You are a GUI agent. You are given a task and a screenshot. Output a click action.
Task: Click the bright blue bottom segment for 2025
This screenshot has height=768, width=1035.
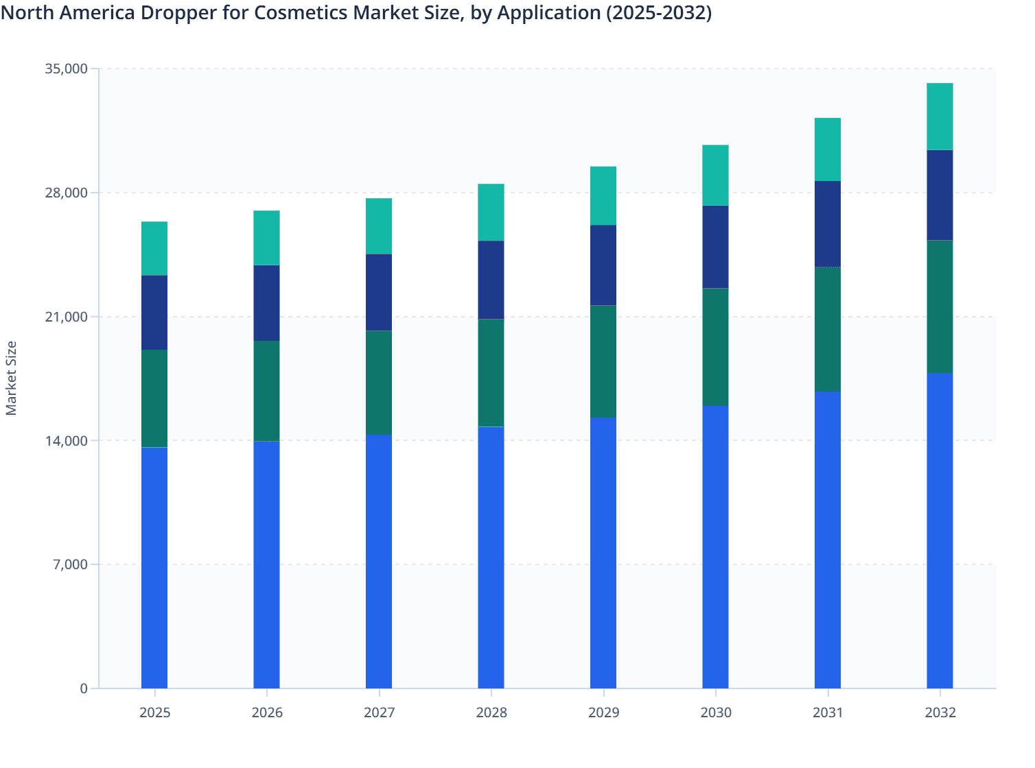(154, 568)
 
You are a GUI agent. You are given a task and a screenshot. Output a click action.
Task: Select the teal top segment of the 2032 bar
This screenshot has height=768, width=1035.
(940, 116)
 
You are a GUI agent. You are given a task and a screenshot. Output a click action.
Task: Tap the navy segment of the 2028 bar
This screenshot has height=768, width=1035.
(491, 280)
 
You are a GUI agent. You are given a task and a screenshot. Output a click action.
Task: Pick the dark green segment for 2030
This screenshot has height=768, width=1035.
(715, 347)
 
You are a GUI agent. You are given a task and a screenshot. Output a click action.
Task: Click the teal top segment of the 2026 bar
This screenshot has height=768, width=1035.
(266, 237)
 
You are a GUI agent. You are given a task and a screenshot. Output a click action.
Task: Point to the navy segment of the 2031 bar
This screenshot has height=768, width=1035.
(828, 224)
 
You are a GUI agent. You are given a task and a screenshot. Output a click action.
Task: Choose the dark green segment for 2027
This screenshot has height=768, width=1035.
(379, 383)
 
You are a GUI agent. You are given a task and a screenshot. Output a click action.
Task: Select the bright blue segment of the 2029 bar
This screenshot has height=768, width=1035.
(603, 553)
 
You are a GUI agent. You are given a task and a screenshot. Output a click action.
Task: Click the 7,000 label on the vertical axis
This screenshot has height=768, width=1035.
(69, 564)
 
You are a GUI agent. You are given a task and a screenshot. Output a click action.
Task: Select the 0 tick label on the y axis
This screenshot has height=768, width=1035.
(84, 688)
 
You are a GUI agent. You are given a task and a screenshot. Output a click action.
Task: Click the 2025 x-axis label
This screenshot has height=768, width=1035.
(154, 712)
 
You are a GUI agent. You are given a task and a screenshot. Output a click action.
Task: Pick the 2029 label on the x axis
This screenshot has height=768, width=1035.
(603, 712)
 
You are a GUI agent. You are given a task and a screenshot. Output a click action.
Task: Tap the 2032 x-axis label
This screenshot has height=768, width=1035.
(940, 712)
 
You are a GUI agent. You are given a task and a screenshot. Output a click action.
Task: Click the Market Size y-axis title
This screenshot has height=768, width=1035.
(11, 378)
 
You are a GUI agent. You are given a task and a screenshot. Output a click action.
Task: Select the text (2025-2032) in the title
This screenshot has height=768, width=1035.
(659, 13)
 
